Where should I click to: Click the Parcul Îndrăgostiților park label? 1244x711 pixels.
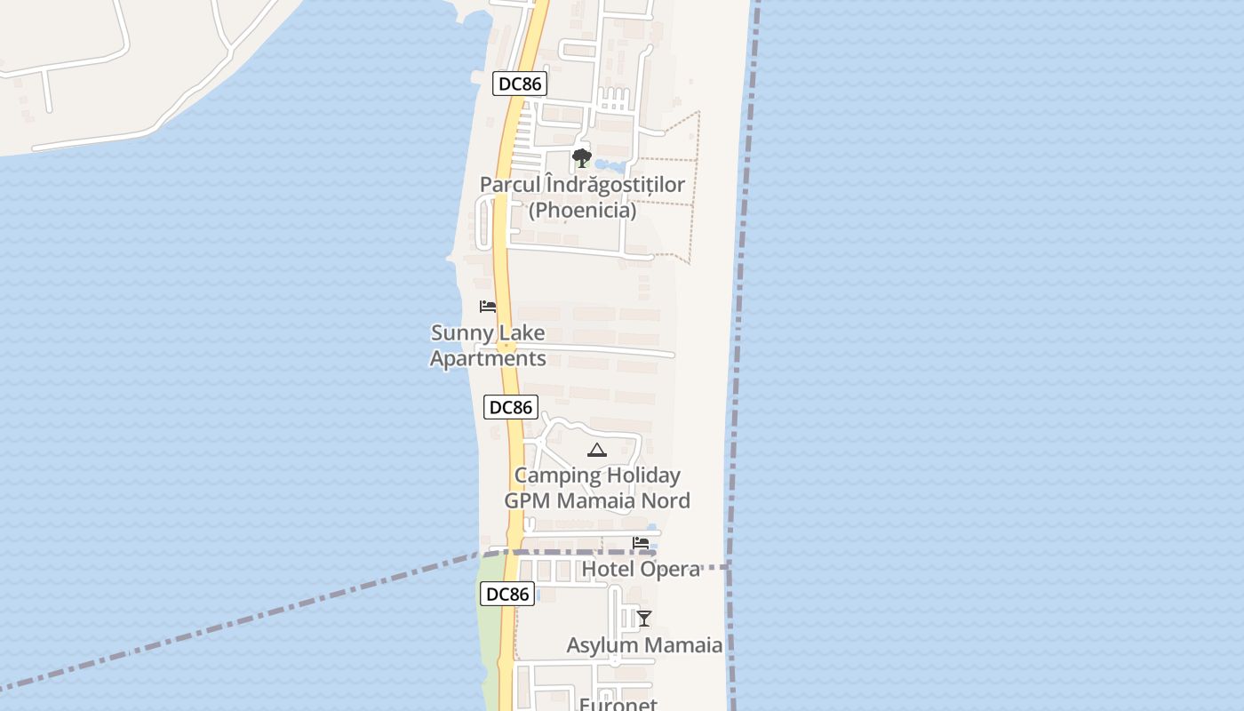pos(582,185)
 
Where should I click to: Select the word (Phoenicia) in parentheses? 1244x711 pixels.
pos(582,211)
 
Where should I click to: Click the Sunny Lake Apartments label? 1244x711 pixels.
pos(488,346)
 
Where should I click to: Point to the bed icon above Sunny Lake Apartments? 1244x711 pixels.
pos(488,307)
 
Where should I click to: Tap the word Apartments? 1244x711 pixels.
pos(488,358)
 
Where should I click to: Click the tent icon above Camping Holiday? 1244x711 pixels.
pos(597,450)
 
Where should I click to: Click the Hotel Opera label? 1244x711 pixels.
pos(641,569)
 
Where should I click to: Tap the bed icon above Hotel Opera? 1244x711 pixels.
pos(641,542)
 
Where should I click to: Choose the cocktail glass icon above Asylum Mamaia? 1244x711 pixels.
pos(644,619)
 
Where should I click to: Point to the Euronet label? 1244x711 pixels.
pos(618,704)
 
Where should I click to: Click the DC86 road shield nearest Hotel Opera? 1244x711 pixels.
pos(507,594)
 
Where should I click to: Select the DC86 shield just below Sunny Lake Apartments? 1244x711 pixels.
pos(511,407)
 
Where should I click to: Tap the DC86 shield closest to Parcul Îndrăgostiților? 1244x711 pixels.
pos(520,84)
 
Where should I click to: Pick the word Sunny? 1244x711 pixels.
pos(461,333)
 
